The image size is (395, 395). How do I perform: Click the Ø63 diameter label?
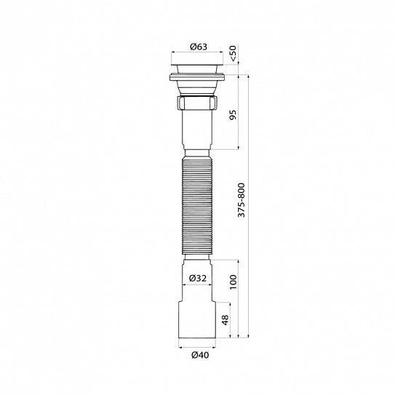pos(198,47)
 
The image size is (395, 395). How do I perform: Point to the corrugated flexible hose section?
pos(196,207)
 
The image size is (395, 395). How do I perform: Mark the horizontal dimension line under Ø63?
pos(198,53)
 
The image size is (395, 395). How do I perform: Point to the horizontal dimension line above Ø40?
pos(196,346)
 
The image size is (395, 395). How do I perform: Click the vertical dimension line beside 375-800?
pos(250,145)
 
